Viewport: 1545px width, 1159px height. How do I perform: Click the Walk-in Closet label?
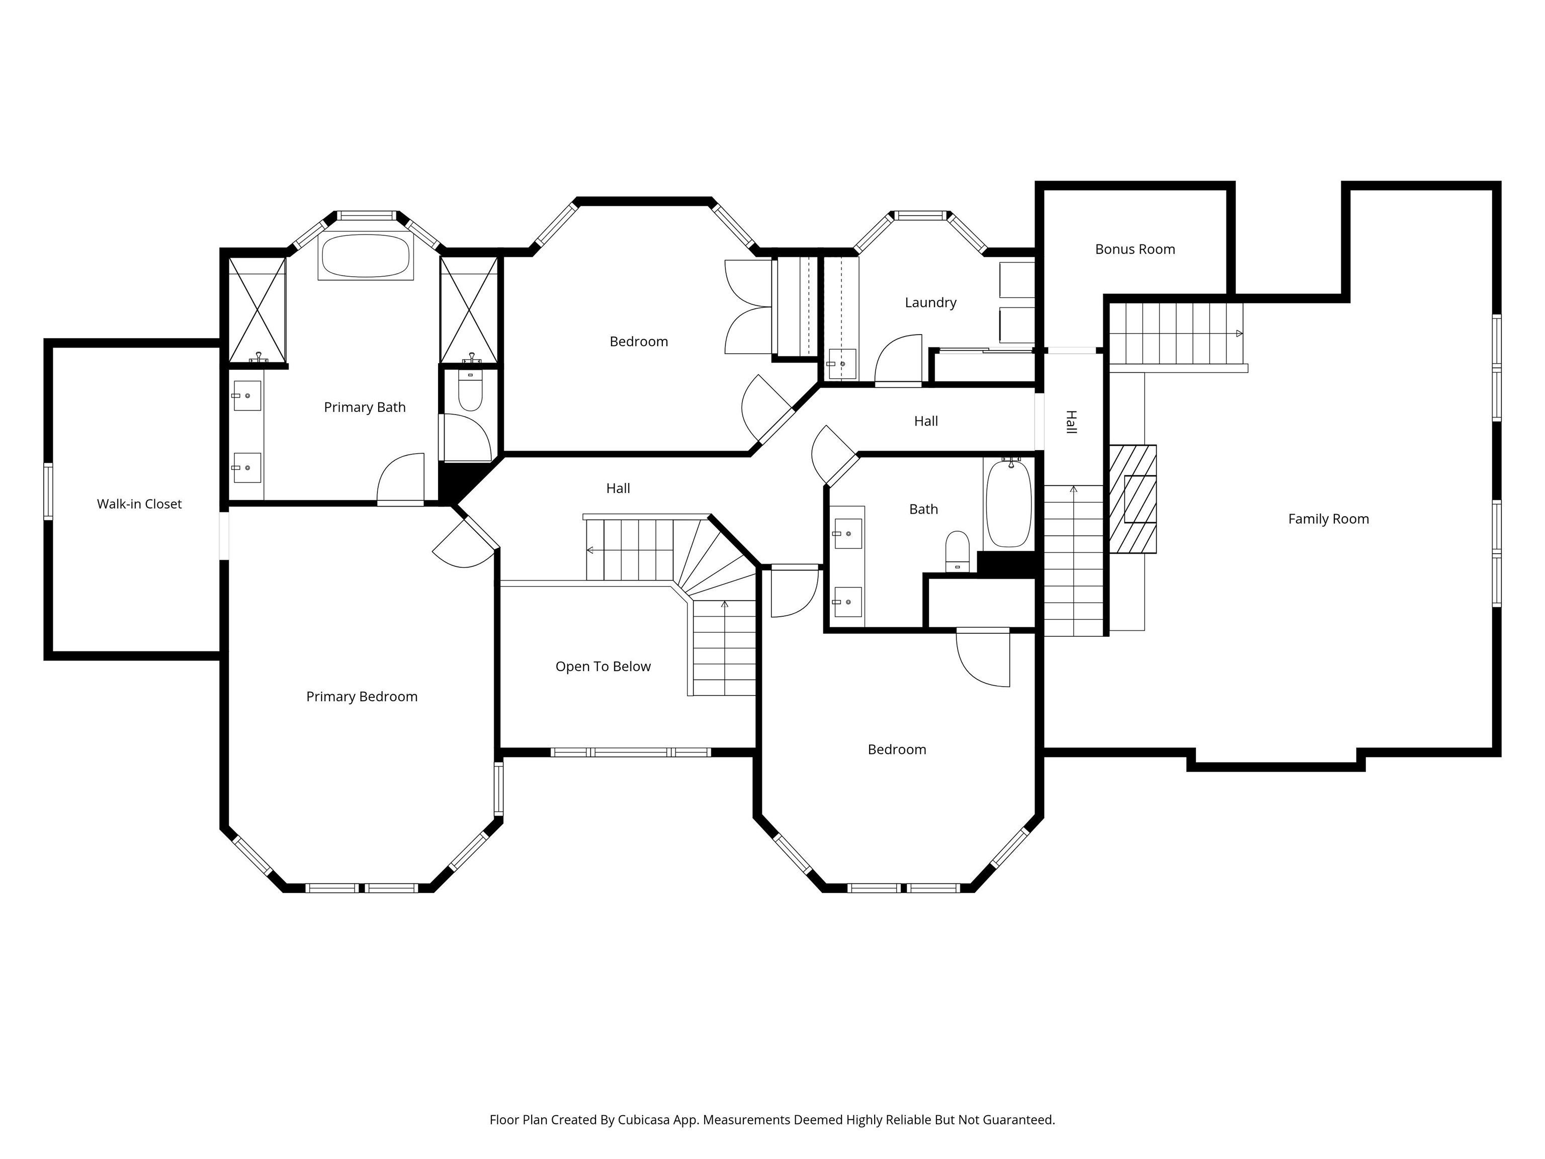[139, 504]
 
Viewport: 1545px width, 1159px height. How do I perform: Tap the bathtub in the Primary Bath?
[365, 256]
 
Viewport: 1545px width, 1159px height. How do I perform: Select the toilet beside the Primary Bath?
[470, 392]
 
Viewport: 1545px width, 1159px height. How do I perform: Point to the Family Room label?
[1328, 519]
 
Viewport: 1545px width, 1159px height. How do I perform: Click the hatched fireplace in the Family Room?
[1132, 499]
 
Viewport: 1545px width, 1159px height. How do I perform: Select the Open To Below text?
[603, 667]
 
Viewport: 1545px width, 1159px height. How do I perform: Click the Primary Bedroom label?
[362, 697]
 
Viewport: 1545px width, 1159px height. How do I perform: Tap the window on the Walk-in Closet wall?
[48, 491]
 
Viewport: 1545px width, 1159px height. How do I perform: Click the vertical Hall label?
[1071, 422]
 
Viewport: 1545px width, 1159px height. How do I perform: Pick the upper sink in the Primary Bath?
[246, 396]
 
